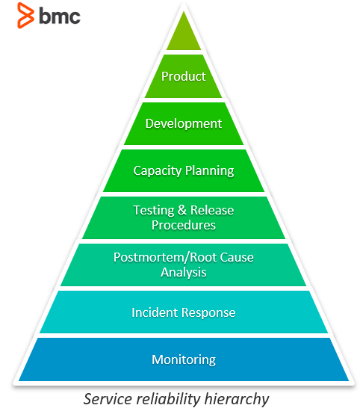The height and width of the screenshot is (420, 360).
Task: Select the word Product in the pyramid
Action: point(183,76)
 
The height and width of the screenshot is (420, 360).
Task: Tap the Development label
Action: point(183,124)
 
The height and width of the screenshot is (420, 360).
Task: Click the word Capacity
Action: point(158,171)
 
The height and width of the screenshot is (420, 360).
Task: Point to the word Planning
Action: point(210,171)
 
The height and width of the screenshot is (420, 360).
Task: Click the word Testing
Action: point(154,211)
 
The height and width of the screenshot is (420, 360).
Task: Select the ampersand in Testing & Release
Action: point(182,210)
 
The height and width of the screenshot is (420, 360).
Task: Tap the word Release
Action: point(212,210)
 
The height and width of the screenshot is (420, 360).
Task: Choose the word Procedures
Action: point(183,225)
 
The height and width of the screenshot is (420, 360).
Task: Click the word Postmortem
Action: point(149,257)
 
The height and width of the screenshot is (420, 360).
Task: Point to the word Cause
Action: point(237,257)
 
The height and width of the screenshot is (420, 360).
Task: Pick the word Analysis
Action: point(183,273)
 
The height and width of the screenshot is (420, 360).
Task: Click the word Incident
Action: point(155,312)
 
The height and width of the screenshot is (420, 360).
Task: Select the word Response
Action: point(208,313)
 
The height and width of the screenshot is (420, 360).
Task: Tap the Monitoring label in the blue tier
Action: point(183,360)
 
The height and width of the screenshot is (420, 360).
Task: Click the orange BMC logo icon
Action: point(25,15)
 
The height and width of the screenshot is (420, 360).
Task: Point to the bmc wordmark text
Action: point(60,16)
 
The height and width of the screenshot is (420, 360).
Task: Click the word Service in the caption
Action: point(108,399)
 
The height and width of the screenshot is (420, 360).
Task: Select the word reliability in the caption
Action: point(168,399)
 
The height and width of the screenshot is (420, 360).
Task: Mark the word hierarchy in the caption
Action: point(237,399)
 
